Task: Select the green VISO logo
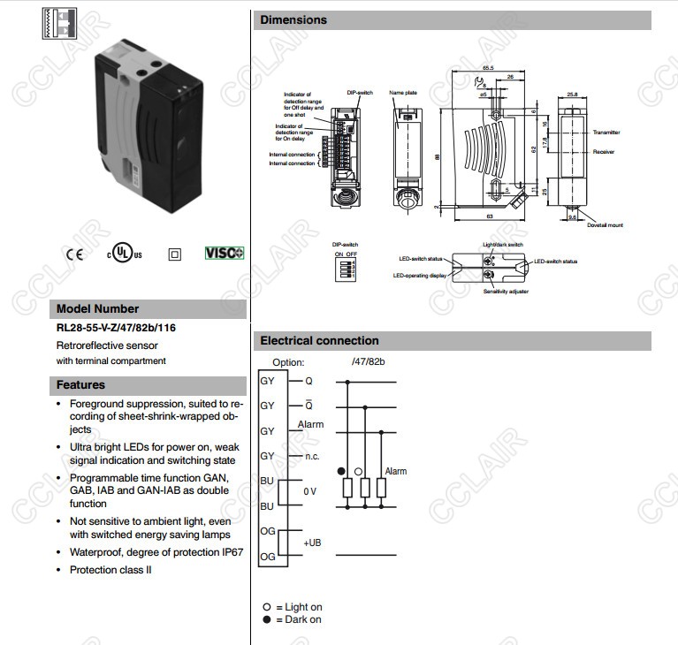point(225,254)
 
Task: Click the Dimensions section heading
point(293,20)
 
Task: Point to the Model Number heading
point(97,309)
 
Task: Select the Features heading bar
point(81,385)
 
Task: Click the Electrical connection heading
point(319,341)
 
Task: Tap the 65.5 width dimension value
point(488,68)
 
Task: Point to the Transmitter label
point(607,132)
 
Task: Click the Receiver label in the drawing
point(605,152)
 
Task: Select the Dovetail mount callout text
point(606,225)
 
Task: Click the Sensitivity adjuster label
point(504,291)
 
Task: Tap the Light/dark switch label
point(503,245)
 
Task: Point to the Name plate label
point(402,92)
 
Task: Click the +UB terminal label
point(313,543)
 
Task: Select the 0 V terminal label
point(309,490)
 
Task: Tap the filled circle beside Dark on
point(266,619)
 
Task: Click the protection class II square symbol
point(174,254)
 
